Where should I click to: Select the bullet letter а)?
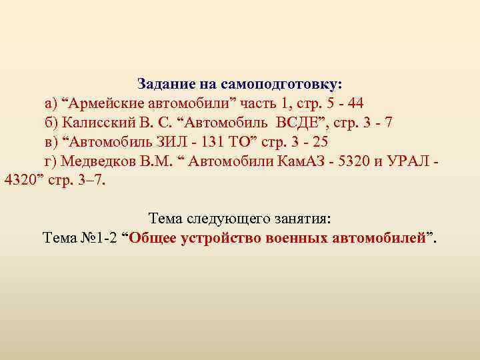(51, 104)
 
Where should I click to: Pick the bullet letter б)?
(52, 123)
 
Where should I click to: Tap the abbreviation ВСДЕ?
(306, 123)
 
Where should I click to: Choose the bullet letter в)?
(51, 143)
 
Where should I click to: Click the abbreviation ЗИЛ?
(189, 143)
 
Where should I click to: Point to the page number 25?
(321, 143)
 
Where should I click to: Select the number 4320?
(20, 180)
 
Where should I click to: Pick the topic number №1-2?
(97, 238)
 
